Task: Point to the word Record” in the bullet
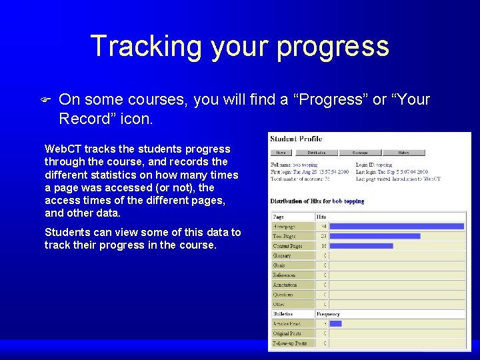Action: [87, 119]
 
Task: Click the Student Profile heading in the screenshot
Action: [295, 139]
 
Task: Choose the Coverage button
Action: [359, 153]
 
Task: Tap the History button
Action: [404, 153]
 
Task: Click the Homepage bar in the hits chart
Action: [396, 227]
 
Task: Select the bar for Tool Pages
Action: [375, 236]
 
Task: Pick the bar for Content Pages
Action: [361, 246]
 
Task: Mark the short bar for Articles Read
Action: [335, 324]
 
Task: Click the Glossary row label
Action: [282, 255]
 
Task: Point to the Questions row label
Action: [283, 294]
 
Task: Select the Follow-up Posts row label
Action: [290, 343]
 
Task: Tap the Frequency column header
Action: [328, 314]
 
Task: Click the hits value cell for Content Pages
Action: [323, 246]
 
